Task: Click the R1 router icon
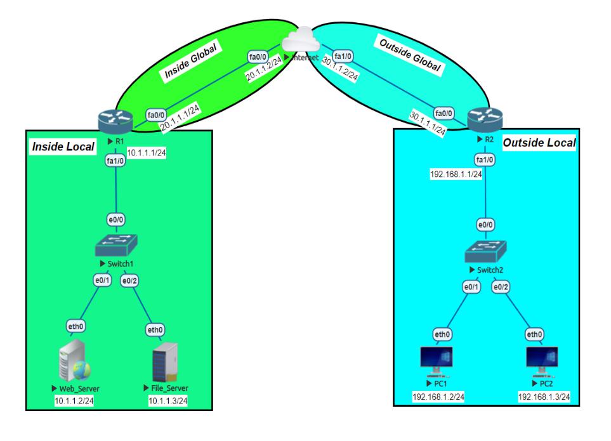115,122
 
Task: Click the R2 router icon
485,119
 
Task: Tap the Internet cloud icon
301,39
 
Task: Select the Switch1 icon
116,245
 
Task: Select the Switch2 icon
485,251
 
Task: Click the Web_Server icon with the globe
74,361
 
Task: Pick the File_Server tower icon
165,362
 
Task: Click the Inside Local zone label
63,147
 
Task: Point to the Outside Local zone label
539,143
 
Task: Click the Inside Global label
190,61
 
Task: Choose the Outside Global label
410,55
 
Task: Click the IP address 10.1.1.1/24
147,153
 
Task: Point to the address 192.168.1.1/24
456,174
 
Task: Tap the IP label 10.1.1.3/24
168,401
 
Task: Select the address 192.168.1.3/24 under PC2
544,397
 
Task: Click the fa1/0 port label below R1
115,161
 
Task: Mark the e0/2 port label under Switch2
501,287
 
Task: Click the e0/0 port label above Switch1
115,220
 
